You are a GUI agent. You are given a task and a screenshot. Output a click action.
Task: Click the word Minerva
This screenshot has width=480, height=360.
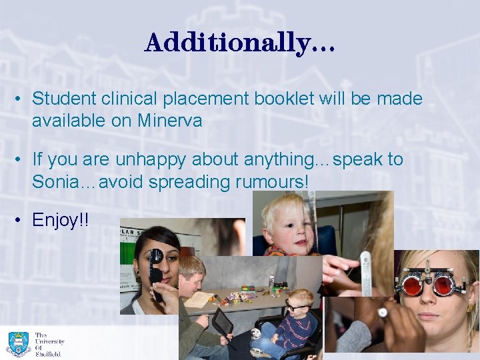tap(170, 121)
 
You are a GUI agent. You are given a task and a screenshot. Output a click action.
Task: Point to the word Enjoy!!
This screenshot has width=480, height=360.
tap(61, 220)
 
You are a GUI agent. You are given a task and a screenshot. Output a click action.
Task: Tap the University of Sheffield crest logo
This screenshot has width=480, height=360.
tap(18, 343)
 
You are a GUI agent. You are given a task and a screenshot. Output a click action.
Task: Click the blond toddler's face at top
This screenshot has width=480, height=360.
tap(287, 227)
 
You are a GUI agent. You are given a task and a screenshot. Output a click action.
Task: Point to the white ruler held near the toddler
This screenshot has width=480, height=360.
tap(365, 273)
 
